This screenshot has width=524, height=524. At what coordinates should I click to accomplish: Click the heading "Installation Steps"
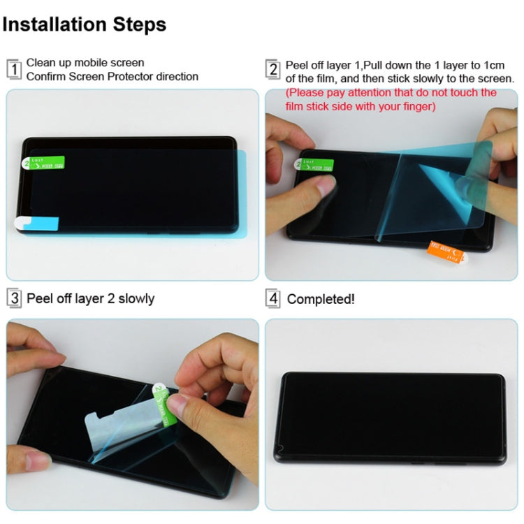coord(85,24)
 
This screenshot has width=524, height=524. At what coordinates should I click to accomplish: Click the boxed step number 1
coord(13,70)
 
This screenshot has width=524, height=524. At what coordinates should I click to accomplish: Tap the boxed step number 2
coord(273,69)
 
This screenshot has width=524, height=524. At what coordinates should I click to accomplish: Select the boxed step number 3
coord(13,298)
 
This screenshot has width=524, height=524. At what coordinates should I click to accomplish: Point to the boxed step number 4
coord(273,299)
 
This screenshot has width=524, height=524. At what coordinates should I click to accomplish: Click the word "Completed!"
coord(321,299)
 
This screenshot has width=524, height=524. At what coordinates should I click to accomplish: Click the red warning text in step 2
coord(391,99)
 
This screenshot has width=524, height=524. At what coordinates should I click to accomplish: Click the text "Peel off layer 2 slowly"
coord(90,298)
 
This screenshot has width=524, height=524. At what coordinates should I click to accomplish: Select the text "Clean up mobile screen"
coord(85,63)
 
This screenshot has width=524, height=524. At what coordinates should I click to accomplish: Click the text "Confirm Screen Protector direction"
coord(112,76)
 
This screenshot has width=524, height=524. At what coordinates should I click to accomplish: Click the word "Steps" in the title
coord(136,24)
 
